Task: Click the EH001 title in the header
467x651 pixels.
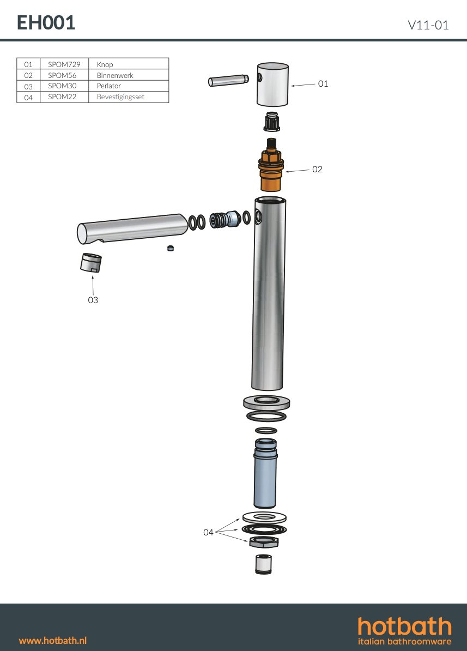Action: coord(46,23)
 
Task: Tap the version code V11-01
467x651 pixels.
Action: coord(428,25)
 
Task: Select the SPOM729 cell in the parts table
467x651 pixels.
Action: coord(64,64)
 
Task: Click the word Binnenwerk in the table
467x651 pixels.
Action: coord(115,75)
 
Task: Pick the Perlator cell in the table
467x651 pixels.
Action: coord(109,86)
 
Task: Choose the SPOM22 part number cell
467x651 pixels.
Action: coord(62,97)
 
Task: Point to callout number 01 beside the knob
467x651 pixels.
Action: coord(323,83)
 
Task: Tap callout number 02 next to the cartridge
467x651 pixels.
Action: coord(317,170)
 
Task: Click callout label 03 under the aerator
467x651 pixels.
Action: coord(93,300)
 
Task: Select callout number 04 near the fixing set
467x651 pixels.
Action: coord(208,532)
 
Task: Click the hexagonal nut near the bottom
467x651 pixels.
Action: coord(264,542)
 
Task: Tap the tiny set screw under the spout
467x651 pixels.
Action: coord(171,249)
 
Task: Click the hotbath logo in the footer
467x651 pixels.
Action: coord(404,630)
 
